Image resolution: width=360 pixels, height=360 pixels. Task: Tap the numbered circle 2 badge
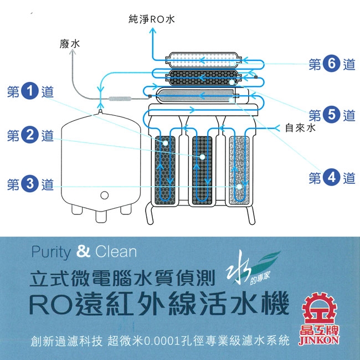pyautogui.click(x=31, y=136)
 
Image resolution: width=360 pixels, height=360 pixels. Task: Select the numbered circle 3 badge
pyautogui.click(x=31, y=184)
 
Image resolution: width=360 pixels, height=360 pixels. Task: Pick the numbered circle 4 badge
pyautogui.click(x=332, y=178)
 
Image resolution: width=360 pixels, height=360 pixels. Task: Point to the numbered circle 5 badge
pyautogui.click(x=332, y=115)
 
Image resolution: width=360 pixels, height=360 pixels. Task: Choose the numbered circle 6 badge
pyautogui.click(x=332, y=64)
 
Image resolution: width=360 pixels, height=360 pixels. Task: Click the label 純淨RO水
pyautogui.click(x=151, y=19)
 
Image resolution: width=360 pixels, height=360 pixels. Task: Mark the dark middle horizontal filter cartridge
pyautogui.click(x=205, y=76)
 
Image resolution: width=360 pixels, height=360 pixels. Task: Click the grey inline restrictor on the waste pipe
pyautogui.click(x=120, y=99)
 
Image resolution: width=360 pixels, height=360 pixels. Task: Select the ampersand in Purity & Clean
pyautogui.click(x=84, y=252)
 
